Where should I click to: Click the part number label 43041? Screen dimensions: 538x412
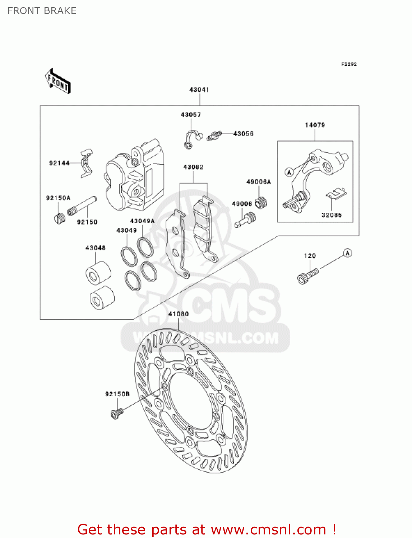(x=199, y=90)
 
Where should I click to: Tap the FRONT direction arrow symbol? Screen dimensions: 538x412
(x=58, y=81)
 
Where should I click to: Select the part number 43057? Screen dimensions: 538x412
(x=191, y=115)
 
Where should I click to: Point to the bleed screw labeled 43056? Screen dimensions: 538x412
(x=214, y=136)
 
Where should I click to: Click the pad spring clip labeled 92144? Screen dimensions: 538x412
(x=86, y=163)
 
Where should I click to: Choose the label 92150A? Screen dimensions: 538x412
(x=58, y=198)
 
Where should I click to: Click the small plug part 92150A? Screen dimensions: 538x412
(x=60, y=217)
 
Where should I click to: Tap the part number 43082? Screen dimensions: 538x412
(x=193, y=167)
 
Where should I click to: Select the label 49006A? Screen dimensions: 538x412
(x=259, y=182)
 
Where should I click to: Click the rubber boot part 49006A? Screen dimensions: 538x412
(x=261, y=203)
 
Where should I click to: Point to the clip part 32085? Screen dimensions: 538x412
(x=337, y=194)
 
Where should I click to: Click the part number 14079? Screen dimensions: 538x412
(x=315, y=125)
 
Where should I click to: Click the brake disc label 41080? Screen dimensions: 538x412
(x=179, y=314)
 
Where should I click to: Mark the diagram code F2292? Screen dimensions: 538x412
(x=349, y=64)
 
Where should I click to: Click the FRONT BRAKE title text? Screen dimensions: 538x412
(x=42, y=11)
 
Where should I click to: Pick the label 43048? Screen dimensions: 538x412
(x=96, y=248)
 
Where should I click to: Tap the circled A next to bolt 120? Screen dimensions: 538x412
(x=347, y=253)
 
